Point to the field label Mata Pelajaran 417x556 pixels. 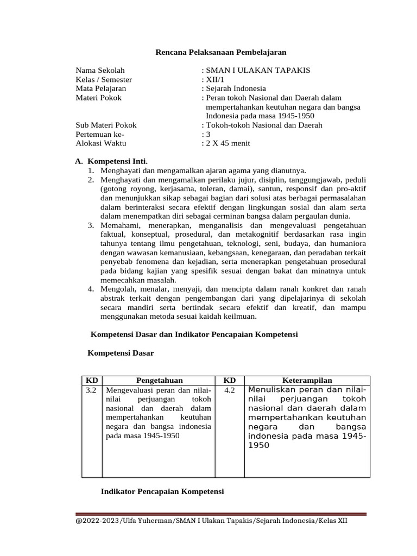click(101, 88)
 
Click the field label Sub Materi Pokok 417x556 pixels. click(106, 125)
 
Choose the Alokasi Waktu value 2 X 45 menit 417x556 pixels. click(228, 143)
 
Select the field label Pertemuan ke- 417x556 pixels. click(100, 134)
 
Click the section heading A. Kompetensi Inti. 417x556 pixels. click(111, 161)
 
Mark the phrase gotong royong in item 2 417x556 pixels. click(124, 189)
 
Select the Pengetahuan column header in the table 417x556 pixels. click(159, 381)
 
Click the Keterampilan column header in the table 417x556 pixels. click(307, 381)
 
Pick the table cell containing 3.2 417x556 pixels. click(91, 390)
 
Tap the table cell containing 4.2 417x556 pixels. click(229, 390)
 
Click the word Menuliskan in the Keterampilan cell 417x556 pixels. click(274, 390)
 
